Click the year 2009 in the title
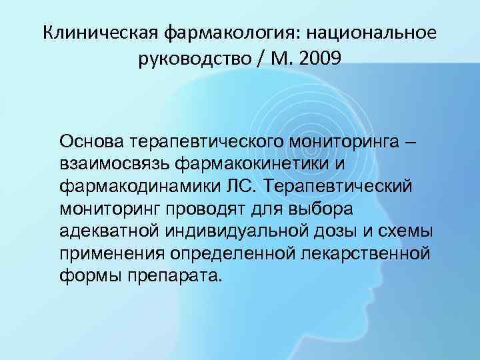319,60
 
